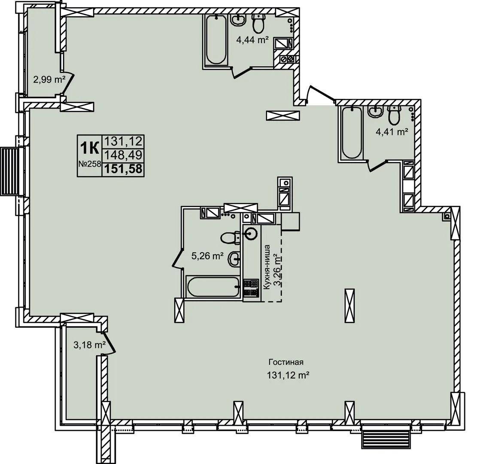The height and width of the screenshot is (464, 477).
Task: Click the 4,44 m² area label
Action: point(252,40)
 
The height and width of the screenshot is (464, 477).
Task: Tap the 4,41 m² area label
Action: point(392,132)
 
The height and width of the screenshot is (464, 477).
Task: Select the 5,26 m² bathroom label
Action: point(207,256)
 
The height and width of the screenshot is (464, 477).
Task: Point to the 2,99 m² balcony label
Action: point(49,80)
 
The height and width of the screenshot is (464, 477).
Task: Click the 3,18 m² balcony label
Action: point(89,345)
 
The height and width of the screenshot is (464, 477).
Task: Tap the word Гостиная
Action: point(286,362)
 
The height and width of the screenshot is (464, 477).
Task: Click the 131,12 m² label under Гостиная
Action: point(288,375)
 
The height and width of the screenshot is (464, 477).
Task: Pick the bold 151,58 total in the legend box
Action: point(124,169)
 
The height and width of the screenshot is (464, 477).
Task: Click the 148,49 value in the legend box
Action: point(124,155)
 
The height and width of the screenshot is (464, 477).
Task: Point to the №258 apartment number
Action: point(90,164)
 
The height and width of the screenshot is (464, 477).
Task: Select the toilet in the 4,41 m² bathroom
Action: point(394,115)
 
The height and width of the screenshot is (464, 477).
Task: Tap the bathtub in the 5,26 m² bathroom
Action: point(213,287)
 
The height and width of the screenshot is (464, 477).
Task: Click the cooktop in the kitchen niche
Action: point(251,288)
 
